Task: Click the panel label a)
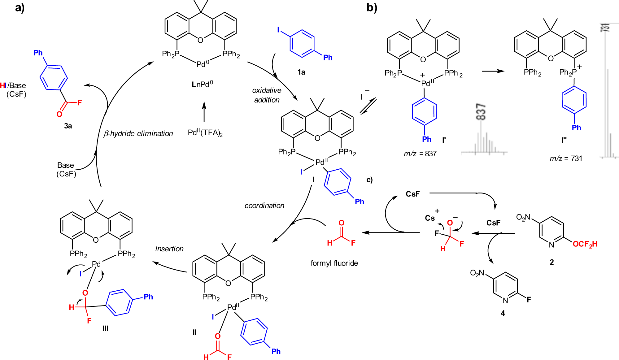[20, 7]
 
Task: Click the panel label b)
[372, 7]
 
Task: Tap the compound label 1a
[301, 72]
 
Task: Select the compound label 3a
[68, 126]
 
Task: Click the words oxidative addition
[267, 95]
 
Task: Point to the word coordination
[264, 206]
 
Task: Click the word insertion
[169, 249]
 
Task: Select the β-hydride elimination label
[138, 133]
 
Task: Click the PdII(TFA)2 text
[205, 133]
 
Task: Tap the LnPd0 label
[202, 84]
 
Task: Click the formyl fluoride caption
[334, 263]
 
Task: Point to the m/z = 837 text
[420, 154]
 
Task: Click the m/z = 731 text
[566, 158]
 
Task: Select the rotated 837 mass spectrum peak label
[481, 112]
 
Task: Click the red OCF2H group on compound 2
[585, 244]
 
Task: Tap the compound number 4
[503, 313]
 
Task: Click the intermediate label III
[105, 328]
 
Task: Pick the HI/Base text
[13, 85]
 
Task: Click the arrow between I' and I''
[493, 71]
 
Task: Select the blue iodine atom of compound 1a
[278, 30]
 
